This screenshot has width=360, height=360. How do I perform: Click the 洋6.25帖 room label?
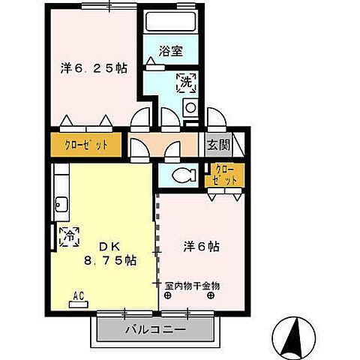(x=94, y=68)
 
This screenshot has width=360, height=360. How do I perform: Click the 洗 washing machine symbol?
(x=184, y=82)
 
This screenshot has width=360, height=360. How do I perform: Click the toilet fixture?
(x=181, y=176)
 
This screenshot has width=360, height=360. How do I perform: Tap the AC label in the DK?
(x=78, y=295)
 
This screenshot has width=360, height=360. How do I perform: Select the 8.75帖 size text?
(x=109, y=262)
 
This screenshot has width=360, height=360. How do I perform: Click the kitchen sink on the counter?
(x=60, y=204)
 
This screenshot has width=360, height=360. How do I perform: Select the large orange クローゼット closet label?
(x=85, y=145)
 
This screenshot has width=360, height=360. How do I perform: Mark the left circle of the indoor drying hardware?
(x=170, y=295)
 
